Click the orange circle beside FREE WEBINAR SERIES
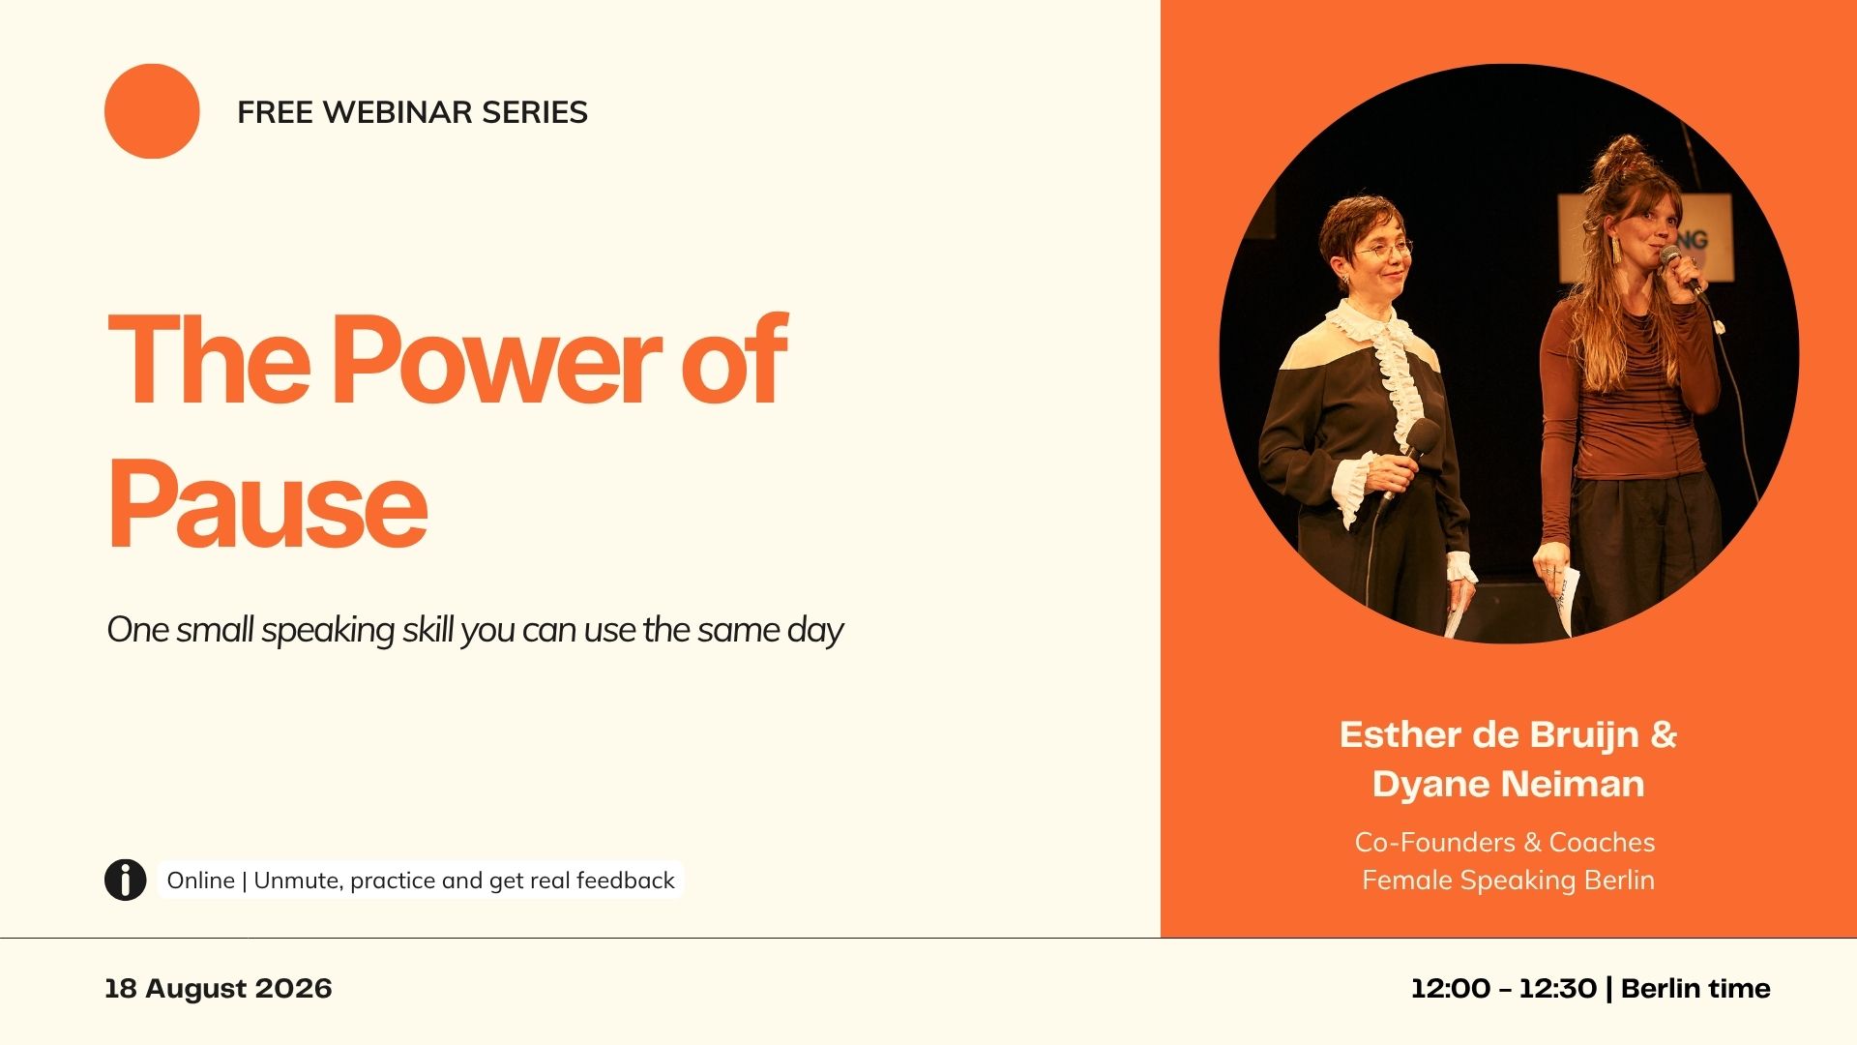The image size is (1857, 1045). [152, 111]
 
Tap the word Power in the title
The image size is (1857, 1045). [497, 359]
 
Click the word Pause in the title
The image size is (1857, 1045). [267, 503]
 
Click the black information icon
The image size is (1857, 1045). [126, 880]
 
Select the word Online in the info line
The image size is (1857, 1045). [201, 881]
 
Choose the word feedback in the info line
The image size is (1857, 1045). [626, 881]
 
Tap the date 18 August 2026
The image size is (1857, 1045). [219, 989]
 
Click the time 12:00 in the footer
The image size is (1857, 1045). [1451, 989]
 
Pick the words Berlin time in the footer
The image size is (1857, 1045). [1695, 989]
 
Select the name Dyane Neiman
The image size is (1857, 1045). [1509, 784]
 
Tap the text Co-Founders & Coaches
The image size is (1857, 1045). [1505, 842]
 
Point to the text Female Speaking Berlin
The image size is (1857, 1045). [1509, 881]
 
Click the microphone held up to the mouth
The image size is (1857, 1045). [1679, 268]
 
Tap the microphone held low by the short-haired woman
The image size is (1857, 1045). [1410, 455]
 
